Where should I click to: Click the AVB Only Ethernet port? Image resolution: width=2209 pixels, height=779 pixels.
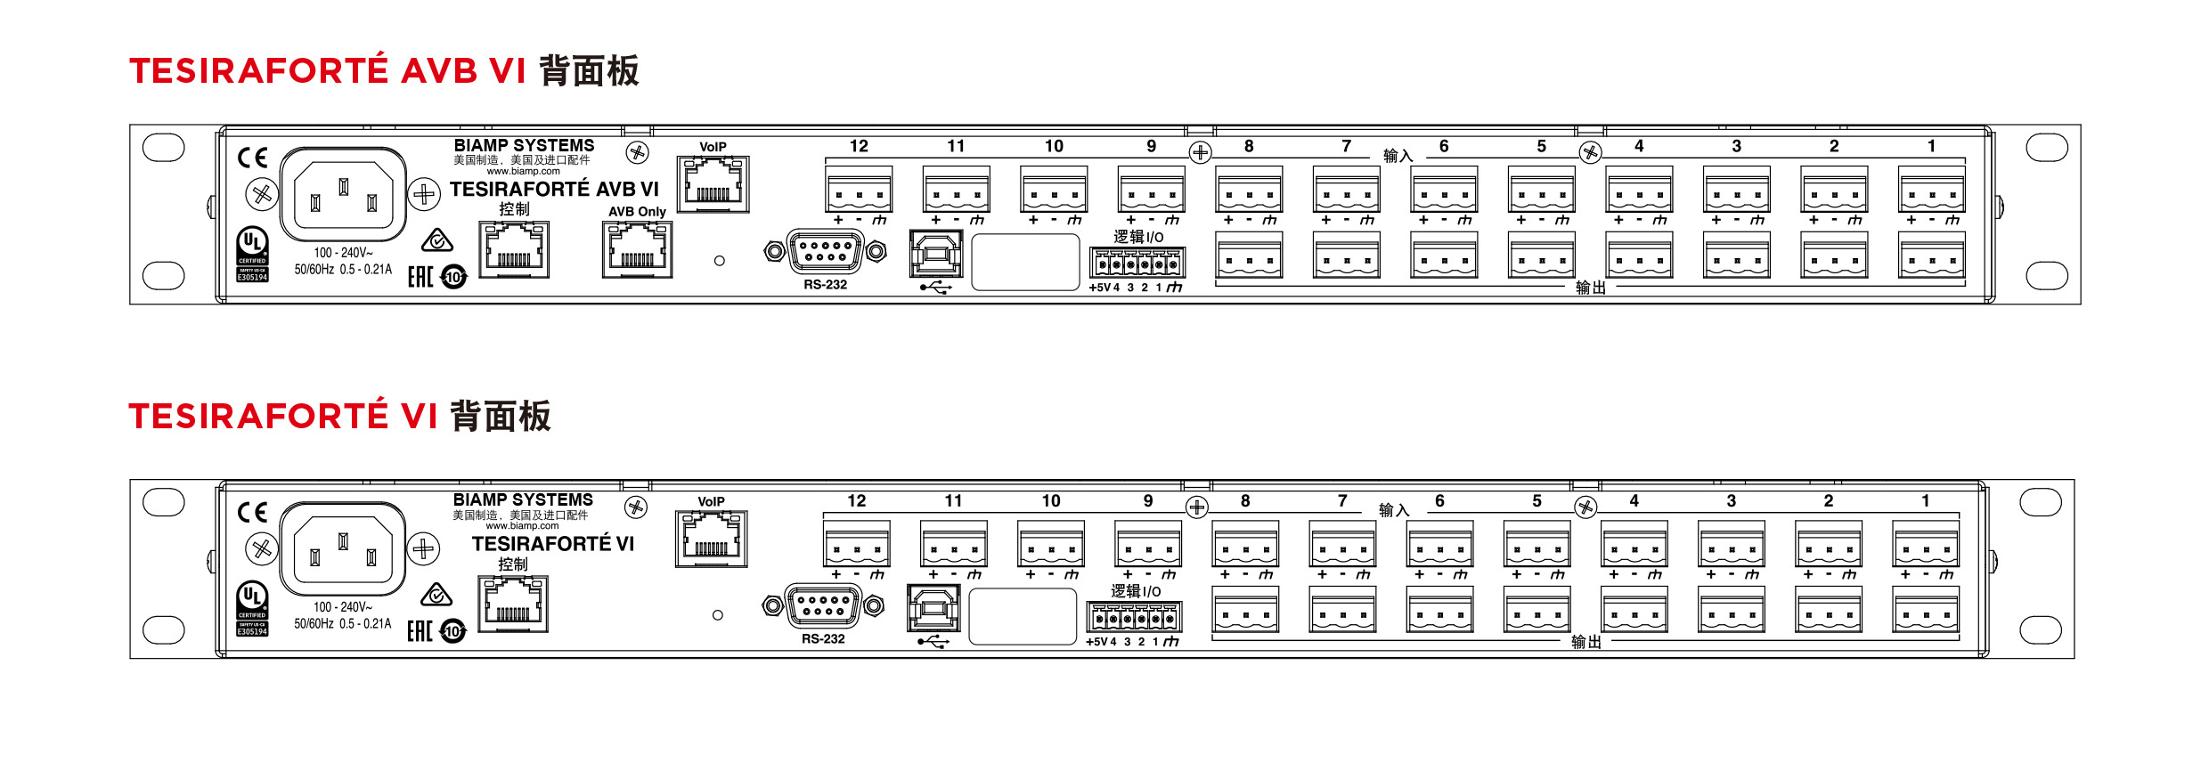[x=637, y=250]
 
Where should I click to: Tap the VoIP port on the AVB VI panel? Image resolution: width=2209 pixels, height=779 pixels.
[x=713, y=184]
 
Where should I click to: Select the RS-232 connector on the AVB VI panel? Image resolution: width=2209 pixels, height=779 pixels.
[x=825, y=251]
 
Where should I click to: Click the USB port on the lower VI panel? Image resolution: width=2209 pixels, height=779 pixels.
[x=933, y=608]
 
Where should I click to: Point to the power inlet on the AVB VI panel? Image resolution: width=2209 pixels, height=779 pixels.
[x=344, y=194]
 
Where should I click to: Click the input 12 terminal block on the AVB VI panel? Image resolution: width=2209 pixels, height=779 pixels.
[x=859, y=189]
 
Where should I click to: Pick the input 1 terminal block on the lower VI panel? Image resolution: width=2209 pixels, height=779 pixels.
[x=1925, y=544]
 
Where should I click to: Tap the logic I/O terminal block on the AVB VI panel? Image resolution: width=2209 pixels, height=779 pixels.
[x=1137, y=264]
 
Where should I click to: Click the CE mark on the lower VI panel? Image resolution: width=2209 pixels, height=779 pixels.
[x=252, y=512]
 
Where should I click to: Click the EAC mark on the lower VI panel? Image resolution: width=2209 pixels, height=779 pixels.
[x=420, y=631]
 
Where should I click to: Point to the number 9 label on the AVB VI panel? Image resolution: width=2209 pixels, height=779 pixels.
[x=1151, y=146]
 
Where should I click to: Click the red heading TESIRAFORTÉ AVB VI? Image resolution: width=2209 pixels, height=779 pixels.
[x=328, y=71]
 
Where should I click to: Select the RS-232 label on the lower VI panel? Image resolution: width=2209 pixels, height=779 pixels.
[x=823, y=639]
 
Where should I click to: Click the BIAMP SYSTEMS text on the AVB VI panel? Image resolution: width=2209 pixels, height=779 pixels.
[x=524, y=145]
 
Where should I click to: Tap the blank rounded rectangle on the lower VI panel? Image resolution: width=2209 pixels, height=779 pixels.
[x=1023, y=616]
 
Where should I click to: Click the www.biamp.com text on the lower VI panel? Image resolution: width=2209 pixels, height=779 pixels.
[x=522, y=526]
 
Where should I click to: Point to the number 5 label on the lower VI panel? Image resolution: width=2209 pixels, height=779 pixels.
[x=1537, y=501]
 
